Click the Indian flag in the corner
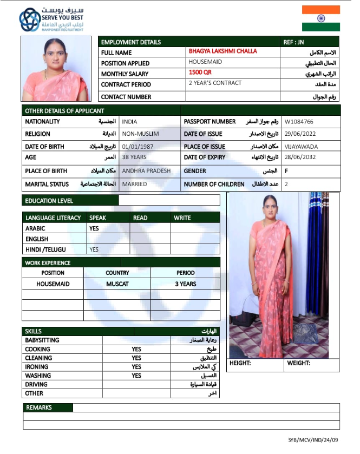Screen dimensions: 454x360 pos(321,18)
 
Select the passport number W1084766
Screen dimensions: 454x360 pos(298,122)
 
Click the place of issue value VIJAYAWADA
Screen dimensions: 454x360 pos(302,147)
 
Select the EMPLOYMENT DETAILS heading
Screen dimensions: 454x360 pos(131,42)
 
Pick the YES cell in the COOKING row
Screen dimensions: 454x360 pos(136,349)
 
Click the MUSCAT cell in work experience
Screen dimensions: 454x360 pos(117,284)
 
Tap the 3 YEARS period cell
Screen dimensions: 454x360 pos(185,284)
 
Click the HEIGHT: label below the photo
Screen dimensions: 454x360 pos(240,364)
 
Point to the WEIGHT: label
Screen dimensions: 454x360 pos(298,364)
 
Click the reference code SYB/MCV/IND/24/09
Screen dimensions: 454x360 pos(313,440)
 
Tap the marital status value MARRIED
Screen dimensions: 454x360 pos(135,185)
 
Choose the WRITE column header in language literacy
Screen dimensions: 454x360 pos(182,218)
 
